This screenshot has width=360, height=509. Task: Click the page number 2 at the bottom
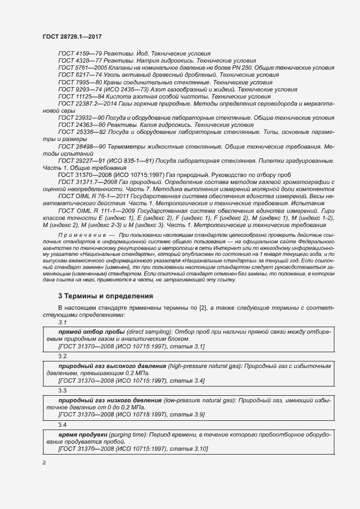pyautogui.click(x=44, y=463)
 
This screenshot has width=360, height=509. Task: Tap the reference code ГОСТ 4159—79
pyautogui.click(x=77, y=54)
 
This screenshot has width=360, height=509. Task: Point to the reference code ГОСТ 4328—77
pyautogui.click(x=77, y=61)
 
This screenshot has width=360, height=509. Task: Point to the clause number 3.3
pyautogui.click(x=62, y=390)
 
